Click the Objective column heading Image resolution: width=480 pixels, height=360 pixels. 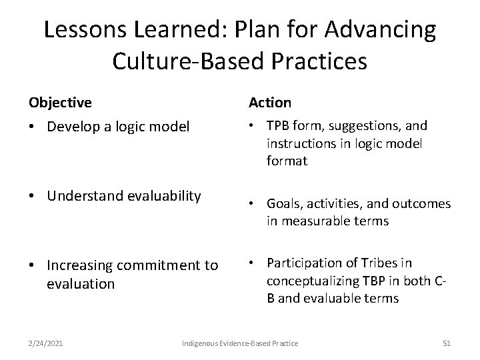point(60,103)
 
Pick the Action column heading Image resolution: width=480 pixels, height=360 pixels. point(270,103)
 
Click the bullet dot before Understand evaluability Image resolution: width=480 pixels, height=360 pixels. point(33,196)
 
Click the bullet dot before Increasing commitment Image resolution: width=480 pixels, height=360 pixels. point(33,266)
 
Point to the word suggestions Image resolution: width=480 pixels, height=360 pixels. point(361,125)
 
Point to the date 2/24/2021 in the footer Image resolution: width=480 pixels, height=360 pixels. point(46,343)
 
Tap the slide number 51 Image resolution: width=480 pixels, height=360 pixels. point(447,343)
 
